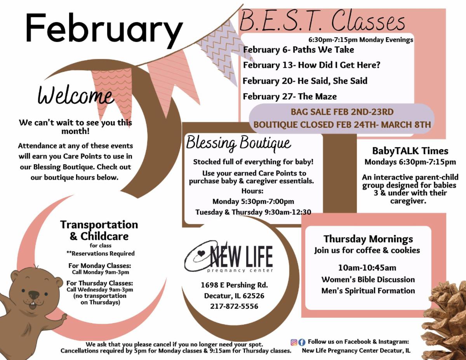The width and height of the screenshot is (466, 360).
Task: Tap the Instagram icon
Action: click(294, 343)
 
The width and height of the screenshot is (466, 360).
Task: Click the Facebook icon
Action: click(302, 343)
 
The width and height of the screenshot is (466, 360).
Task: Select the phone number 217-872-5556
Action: click(234, 306)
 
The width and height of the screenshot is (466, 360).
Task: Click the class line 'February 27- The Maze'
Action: click(290, 96)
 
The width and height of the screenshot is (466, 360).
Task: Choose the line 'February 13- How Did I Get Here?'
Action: click(311, 65)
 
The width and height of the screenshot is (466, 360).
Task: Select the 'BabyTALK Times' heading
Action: click(410, 151)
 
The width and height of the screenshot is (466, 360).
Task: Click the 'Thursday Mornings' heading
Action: click(368, 239)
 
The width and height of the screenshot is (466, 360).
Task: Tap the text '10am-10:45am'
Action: click(367, 268)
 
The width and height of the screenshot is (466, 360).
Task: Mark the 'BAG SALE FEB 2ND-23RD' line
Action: click(342, 112)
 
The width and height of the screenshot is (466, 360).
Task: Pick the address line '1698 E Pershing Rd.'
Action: click(235, 285)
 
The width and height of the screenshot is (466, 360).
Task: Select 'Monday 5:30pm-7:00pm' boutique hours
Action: click(253, 201)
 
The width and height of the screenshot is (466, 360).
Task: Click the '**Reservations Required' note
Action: click(101, 254)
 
